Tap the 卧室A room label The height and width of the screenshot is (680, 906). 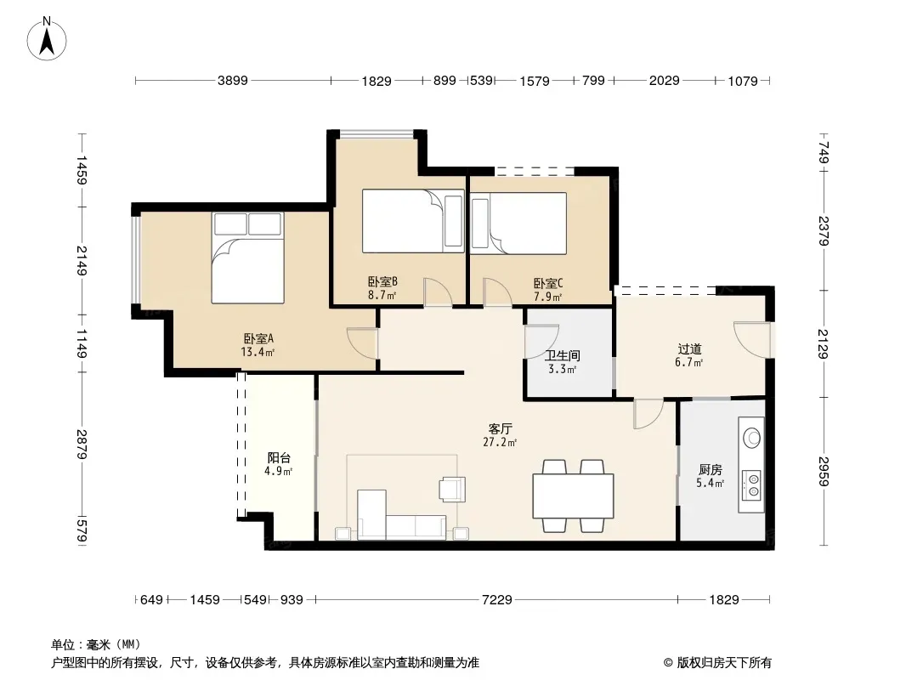tap(258, 338)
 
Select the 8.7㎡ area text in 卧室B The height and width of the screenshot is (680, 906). tap(382, 295)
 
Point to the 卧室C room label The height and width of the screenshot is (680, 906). tap(547, 284)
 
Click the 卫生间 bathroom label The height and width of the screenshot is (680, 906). tap(562, 356)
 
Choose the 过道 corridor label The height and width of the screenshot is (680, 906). tap(689, 349)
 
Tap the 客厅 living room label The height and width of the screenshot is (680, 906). tap(500, 428)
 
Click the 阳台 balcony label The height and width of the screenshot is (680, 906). tap(279, 457)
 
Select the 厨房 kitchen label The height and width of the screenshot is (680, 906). tap(711, 470)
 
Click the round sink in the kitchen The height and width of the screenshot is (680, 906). tap(751, 438)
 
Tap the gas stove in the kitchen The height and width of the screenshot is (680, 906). tap(751, 484)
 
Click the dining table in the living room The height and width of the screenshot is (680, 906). tap(573, 496)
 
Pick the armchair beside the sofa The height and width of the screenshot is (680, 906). tap(452, 488)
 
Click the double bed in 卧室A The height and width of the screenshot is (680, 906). tap(248, 258)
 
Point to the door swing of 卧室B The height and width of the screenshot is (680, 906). tap(438, 292)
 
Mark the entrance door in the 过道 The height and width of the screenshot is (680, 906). tap(752, 339)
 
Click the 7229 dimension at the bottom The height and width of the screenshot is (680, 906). tap(497, 600)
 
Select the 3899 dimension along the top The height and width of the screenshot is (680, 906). tap(233, 80)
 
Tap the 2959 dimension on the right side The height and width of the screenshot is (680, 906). tap(824, 472)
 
